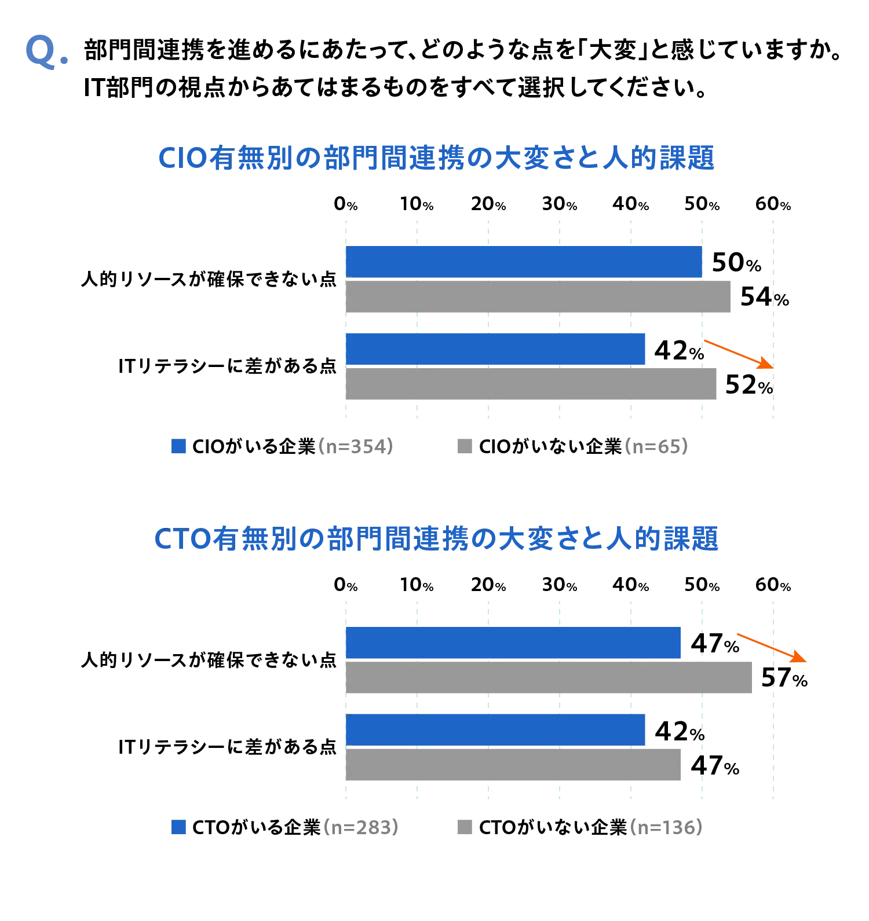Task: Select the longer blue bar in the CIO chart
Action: (524, 262)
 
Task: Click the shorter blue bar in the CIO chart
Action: (496, 349)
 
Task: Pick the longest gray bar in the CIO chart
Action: (538, 297)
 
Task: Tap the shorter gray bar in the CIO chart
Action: (531, 384)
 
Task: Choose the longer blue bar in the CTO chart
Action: (513, 643)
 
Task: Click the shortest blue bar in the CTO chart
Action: (496, 729)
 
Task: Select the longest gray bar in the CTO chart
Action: (550, 676)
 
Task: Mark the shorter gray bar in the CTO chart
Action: (513, 764)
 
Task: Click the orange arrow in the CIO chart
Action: (738, 354)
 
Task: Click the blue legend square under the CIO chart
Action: (180, 446)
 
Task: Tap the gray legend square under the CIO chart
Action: (463, 446)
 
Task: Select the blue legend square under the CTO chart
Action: (180, 828)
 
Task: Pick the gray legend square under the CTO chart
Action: (463, 828)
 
